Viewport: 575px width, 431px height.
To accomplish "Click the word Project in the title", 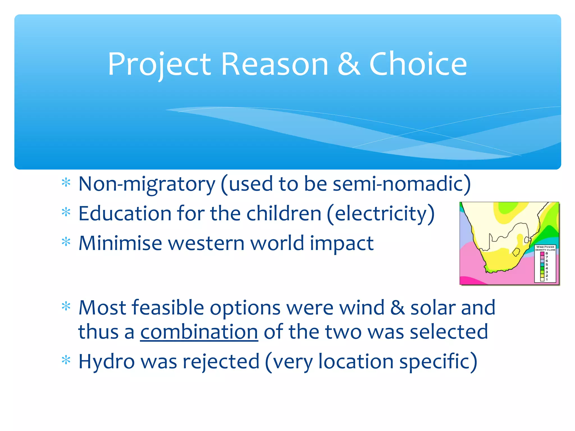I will coord(159,65).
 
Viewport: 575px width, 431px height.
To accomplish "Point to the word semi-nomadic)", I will coord(401,184).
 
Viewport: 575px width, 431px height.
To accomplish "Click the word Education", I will coord(124,214).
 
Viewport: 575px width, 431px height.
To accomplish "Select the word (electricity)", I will coord(381,214).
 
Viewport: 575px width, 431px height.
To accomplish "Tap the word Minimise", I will coord(120,243).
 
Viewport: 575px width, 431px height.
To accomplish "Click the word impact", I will coord(341,243).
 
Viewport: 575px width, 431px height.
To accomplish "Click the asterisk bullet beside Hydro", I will coord(66,360).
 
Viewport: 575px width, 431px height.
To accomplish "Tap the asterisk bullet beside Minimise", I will coord(66,242).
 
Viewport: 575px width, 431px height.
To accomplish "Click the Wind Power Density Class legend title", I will coord(545,248).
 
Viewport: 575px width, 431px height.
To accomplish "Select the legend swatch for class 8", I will coord(542,254).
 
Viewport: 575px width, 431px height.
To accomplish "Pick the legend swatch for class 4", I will coord(542,268).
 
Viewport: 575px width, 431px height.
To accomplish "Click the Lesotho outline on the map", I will coord(516,252).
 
